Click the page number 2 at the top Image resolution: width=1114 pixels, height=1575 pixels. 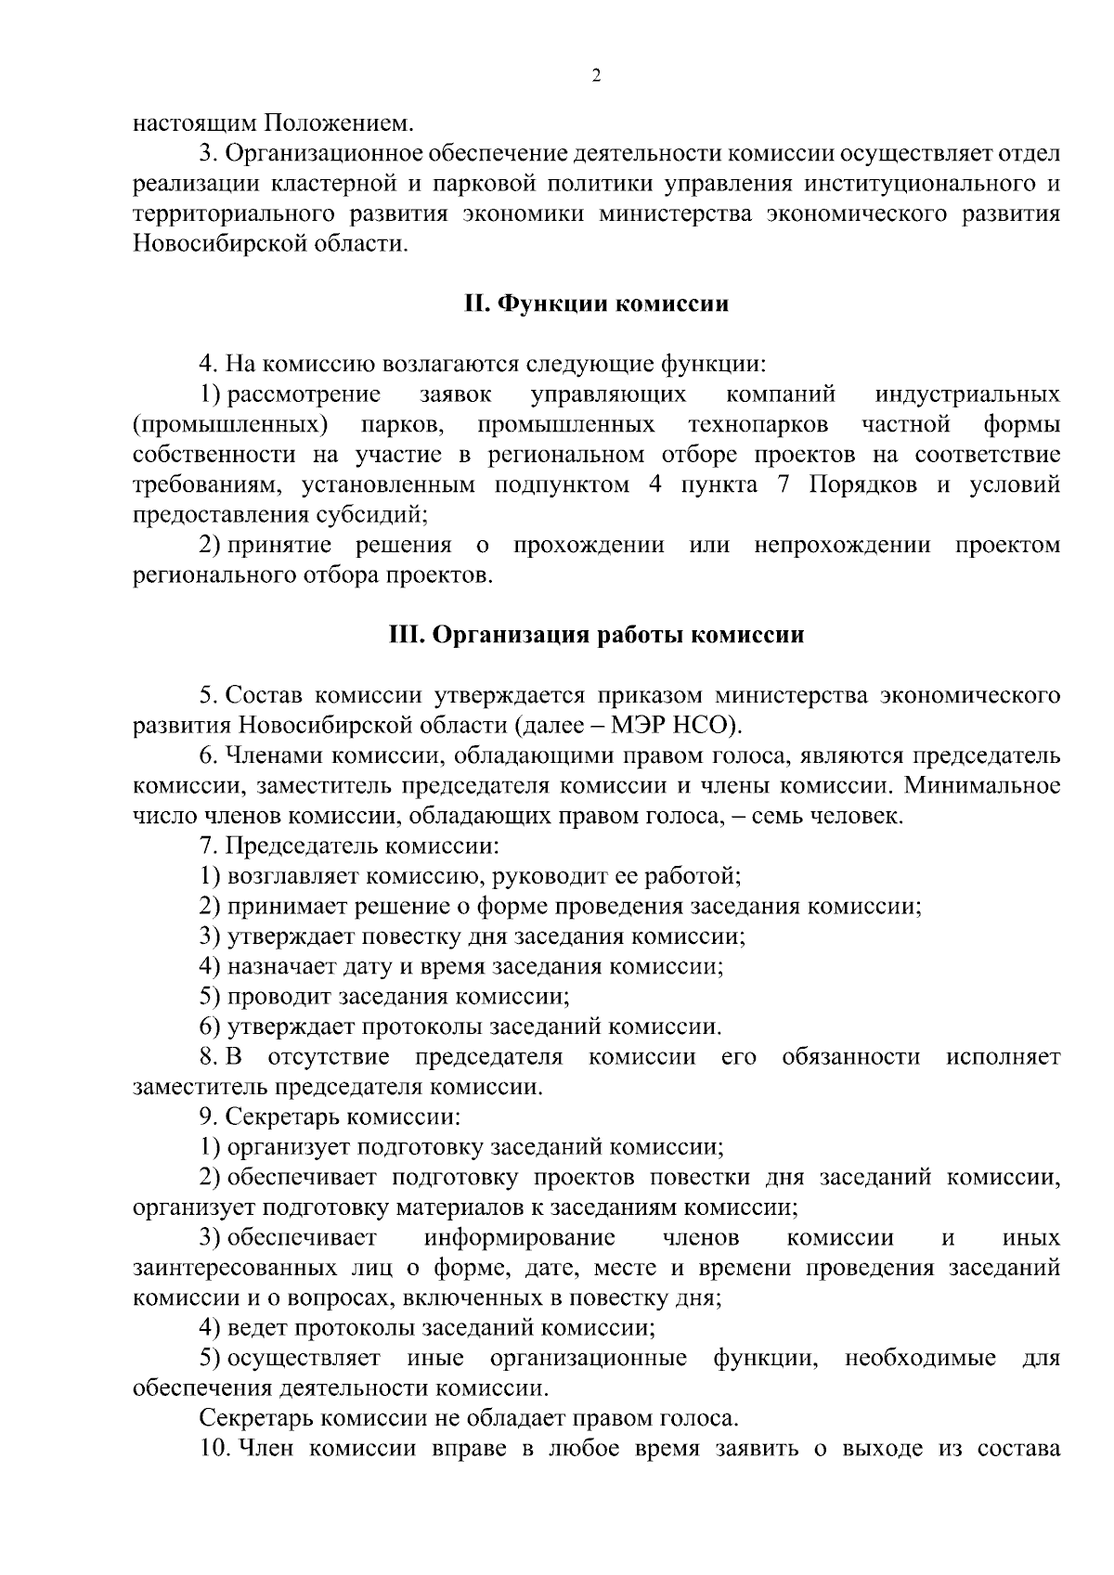pyautogui.click(x=596, y=76)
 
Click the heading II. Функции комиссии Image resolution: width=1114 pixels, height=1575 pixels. pyautogui.click(x=596, y=304)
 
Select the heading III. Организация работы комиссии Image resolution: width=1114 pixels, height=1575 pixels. pyautogui.click(x=596, y=636)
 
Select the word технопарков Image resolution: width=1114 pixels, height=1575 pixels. pyautogui.click(x=758, y=425)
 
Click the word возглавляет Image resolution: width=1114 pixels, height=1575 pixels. pyautogui.click(x=293, y=876)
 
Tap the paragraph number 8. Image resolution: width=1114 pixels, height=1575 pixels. pyautogui.click(x=209, y=1057)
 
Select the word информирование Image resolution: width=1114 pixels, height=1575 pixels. pyautogui.click(x=520, y=1238)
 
